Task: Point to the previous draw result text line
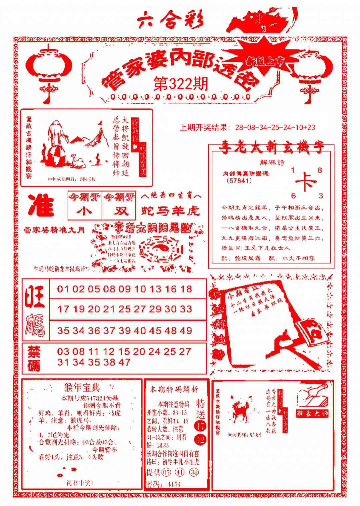tap(247, 127)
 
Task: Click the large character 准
tap(41, 205)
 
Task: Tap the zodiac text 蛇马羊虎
tap(170, 210)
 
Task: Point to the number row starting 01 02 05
tap(125, 289)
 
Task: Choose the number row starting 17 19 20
tap(125, 309)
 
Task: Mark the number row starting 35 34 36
tap(125, 331)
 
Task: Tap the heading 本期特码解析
tap(174, 389)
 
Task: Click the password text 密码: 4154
tap(163, 484)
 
